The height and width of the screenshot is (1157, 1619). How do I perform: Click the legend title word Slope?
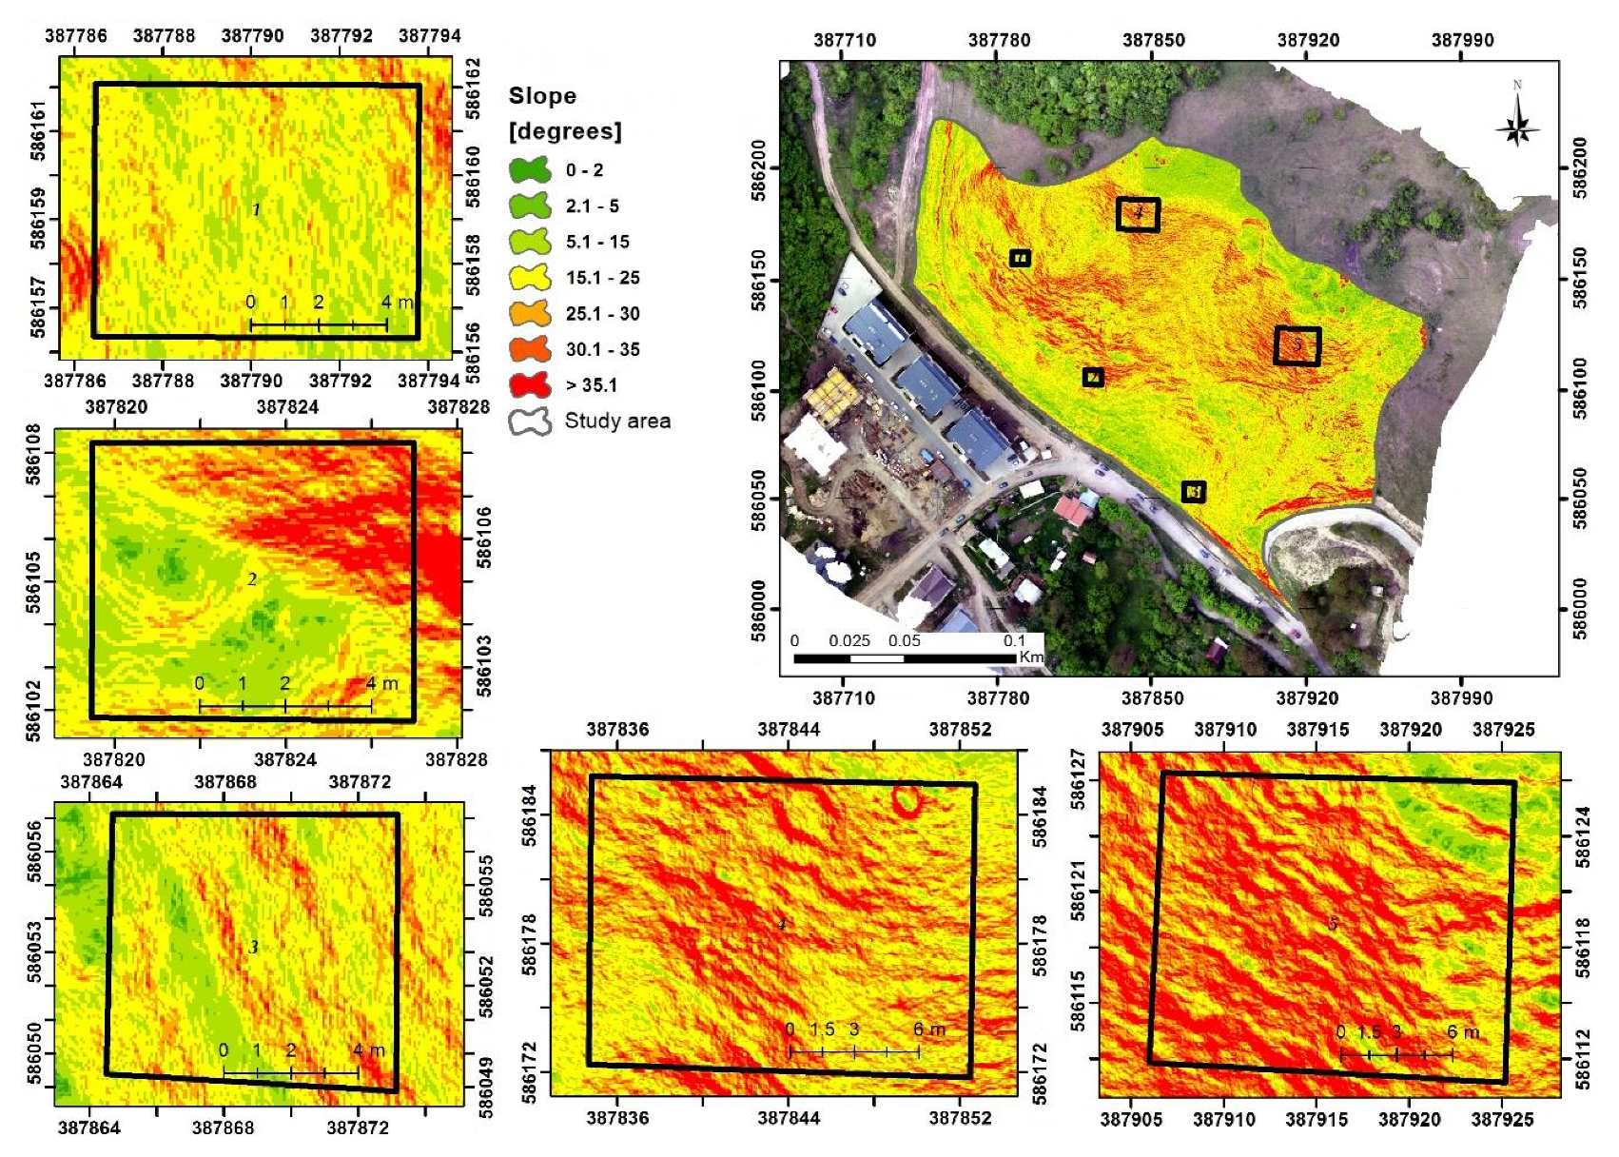click(542, 96)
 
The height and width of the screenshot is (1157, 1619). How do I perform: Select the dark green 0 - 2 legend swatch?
click(530, 170)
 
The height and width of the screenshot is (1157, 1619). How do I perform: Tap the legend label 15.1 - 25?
click(602, 278)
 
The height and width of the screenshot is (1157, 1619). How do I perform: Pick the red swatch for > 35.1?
click(530, 385)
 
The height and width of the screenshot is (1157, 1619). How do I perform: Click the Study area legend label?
click(617, 421)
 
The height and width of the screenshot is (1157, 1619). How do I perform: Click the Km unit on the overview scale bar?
click(1031, 657)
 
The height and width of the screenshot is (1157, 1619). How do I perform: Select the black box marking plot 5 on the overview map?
click(1297, 346)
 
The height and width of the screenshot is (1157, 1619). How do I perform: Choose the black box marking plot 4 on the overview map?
click(1138, 214)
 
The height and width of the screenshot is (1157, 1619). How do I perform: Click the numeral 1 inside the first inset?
click(256, 209)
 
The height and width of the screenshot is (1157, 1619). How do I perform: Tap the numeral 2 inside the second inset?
click(252, 579)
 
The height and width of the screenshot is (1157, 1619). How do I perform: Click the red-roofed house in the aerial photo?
click(1073, 510)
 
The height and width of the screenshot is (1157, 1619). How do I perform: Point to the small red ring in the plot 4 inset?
click(907, 801)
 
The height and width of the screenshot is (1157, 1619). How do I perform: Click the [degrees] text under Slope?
click(565, 131)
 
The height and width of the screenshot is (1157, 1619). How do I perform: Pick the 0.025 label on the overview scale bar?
click(849, 640)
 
